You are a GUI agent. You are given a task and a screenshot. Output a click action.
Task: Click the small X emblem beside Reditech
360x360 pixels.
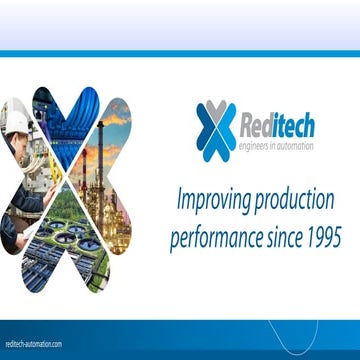tap(216, 130)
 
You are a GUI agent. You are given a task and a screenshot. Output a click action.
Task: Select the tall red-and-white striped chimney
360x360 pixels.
tap(101, 150)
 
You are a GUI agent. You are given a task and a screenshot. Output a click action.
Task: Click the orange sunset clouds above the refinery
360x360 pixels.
tap(115, 115)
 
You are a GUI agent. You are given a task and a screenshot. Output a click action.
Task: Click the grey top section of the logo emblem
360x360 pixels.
tap(216, 112)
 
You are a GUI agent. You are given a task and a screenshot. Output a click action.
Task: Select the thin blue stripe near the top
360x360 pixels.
tap(180, 52)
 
